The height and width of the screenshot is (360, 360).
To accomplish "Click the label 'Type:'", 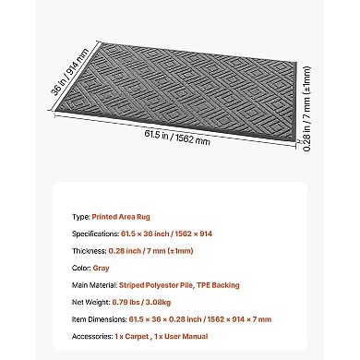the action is [x=80, y=216].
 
